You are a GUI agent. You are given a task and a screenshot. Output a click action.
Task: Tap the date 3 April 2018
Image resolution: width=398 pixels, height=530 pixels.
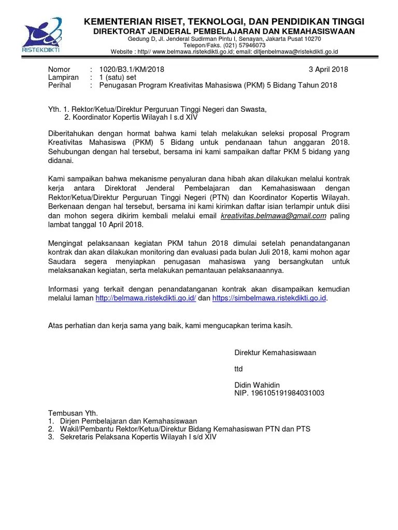point(328,69)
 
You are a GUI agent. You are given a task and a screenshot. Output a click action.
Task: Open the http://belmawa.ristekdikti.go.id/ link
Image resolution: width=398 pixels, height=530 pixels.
point(146,299)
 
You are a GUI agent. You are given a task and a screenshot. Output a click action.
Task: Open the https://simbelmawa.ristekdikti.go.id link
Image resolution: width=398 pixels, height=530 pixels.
point(269,299)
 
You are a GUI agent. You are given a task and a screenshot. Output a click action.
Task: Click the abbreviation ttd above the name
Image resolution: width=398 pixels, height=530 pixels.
point(238,369)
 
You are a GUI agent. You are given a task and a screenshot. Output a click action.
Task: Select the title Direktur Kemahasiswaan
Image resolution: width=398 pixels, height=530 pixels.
point(275,353)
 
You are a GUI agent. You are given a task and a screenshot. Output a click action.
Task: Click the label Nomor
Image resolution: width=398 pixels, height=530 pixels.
point(59,69)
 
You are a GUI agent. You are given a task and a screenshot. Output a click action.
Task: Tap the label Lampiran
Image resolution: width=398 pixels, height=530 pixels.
point(63,77)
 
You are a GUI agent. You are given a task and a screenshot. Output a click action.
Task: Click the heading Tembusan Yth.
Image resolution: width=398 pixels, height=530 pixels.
point(72,414)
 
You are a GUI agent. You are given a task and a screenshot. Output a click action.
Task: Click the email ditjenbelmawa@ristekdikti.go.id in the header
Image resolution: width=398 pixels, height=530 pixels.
point(291,52)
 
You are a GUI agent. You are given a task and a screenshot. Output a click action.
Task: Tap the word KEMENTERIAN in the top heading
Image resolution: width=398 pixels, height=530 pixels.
point(113,21)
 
